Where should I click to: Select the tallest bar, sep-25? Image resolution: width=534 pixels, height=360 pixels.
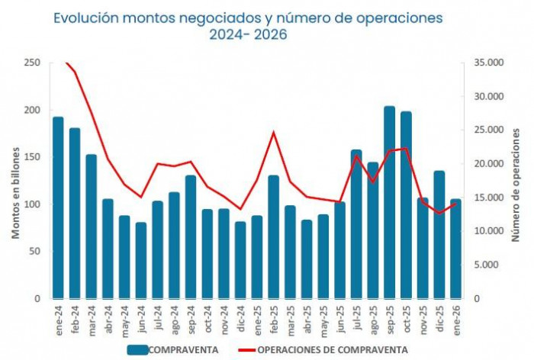pos(389,203)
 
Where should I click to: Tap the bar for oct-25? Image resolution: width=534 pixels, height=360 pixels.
pos(406,205)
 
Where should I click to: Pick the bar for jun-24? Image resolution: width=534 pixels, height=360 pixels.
pos(140,260)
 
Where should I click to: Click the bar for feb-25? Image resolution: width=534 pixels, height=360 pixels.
pos(273,237)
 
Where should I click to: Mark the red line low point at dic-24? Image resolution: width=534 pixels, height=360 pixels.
pos(240,209)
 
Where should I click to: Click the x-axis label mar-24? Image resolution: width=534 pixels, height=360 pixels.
pos(92,316)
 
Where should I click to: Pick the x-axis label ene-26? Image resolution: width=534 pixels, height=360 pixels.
pos(455,316)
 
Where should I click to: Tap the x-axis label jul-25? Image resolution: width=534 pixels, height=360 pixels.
pos(356,316)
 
